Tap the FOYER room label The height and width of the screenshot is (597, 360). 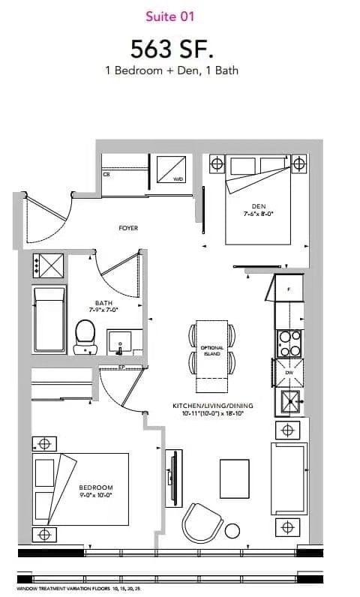pos(128,227)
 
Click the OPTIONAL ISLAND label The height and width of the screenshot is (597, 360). pos(212,351)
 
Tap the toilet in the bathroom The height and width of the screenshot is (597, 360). pos(85,335)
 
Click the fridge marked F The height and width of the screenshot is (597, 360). pos(289,287)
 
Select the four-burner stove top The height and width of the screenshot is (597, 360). pos(289,343)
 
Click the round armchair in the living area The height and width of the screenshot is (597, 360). pos(202,522)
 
